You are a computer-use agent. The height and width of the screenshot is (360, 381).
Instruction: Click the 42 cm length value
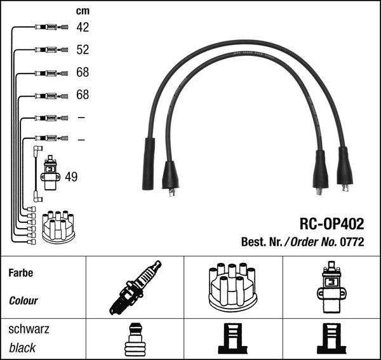pos(83,27)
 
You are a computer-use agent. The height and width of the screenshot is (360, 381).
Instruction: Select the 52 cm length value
pos(83,50)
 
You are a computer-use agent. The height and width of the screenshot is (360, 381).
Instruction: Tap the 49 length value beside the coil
pos(71,177)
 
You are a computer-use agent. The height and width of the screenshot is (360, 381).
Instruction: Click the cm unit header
pos(82,11)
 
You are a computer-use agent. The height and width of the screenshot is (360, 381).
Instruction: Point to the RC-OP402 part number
pos(331,223)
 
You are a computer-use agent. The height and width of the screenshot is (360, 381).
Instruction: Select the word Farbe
pos(20,274)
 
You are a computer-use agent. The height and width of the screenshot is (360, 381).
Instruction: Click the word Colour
pos(23,300)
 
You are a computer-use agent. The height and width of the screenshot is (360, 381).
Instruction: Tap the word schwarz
pos(28,330)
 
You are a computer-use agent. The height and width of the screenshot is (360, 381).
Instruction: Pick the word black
pos(22,348)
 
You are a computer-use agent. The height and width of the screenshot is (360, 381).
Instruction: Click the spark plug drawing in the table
pos(134,287)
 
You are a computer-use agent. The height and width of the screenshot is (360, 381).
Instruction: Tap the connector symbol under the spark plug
pos(134,339)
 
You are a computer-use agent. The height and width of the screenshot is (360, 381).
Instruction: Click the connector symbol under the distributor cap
pos(232,339)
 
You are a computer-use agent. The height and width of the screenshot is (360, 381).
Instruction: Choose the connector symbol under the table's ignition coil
pos(331,339)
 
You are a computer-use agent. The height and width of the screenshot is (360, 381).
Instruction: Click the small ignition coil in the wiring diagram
pos(49,173)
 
